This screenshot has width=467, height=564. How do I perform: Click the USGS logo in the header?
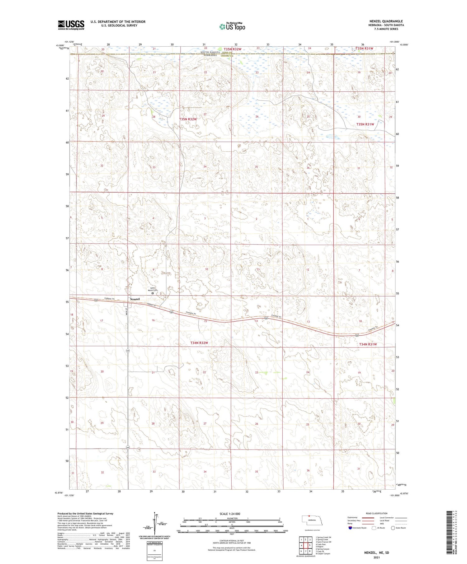click(x=71, y=25)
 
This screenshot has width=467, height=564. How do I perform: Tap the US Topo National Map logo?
click(x=232, y=26)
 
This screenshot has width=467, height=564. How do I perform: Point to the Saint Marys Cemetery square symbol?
click(x=153, y=293)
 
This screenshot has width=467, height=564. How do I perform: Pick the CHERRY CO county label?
click(x=226, y=56)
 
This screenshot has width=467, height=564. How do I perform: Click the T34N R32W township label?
click(x=199, y=343)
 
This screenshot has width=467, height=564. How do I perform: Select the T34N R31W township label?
click(x=368, y=344)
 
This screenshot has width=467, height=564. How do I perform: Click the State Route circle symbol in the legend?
click(x=393, y=528)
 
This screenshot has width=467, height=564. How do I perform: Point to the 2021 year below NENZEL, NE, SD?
click(x=376, y=557)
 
